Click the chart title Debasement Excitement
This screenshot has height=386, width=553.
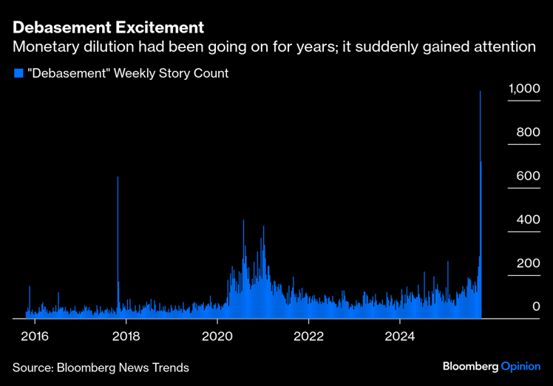point(108,28)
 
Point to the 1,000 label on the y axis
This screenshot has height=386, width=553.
point(524,89)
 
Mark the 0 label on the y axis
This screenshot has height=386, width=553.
point(537,306)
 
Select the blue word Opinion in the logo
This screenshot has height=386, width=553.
point(520,366)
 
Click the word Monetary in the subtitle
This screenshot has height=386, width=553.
point(44,47)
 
